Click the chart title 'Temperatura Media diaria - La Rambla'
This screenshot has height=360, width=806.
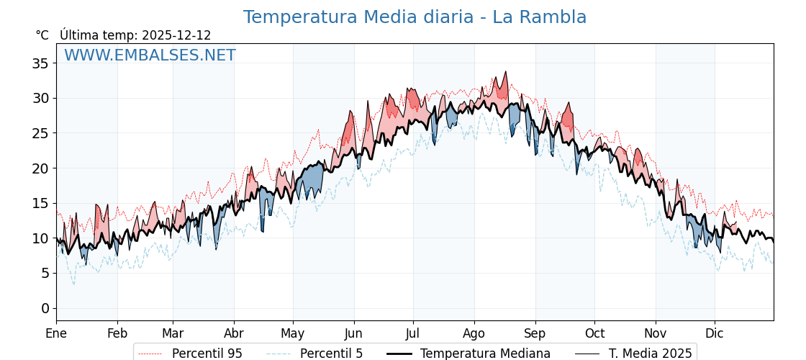coord(415,17)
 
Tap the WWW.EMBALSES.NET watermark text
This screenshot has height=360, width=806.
coord(150,55)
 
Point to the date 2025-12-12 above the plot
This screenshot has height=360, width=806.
coord(176,35)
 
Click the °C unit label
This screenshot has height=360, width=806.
coord(42,35)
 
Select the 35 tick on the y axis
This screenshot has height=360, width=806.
coord(40,63)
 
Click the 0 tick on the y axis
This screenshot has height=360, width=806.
coord(45,308)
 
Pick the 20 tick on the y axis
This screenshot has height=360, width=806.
coord(40,168)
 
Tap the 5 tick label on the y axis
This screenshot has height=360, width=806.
coord(45,273)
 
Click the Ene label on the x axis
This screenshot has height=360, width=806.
coord(56,333)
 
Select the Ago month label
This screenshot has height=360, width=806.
coord(474,333)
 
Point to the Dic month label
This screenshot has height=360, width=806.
coord(715,333)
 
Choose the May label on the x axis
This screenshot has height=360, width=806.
coord(293,333)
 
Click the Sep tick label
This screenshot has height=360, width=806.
coord(535,333)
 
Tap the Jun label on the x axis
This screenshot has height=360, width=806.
coord(353,333)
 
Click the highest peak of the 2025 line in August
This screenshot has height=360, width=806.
coord(506,72)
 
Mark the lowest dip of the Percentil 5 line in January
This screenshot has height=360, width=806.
coord(73,284)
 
